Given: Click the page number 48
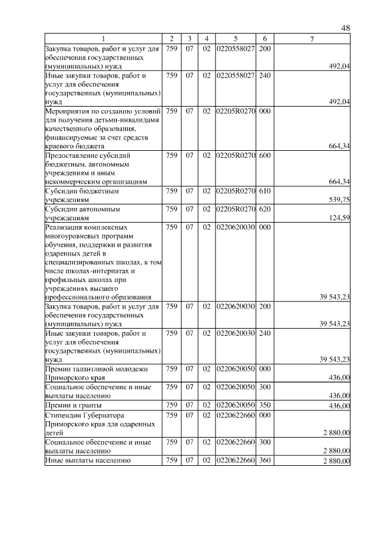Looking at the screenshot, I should (346, 28).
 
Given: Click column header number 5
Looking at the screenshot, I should (235, 39).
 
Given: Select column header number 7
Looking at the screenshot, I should (312, 39).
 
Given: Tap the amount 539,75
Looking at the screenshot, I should (339, 200).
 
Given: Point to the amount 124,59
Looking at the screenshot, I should (339, 217).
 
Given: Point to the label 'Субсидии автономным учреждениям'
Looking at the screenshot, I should (82, 213).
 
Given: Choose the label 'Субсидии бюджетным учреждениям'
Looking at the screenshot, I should (82, 196).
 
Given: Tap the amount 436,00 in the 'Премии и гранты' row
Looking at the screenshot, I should (339, 406).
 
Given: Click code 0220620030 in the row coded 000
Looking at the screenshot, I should (235, 227).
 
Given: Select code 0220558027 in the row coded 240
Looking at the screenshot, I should (235, 75).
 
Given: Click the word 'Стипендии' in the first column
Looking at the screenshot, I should (63, 415).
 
